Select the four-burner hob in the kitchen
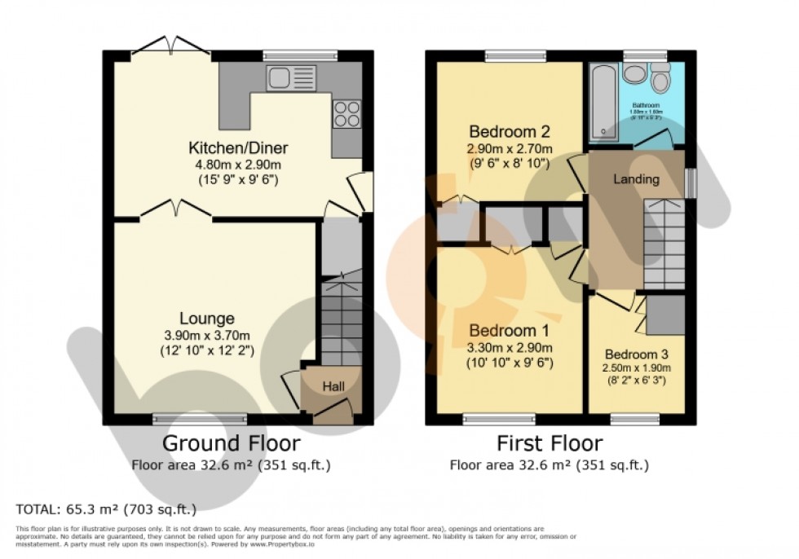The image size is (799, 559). tap(347, 113)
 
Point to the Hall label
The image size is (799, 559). tap(332, 385)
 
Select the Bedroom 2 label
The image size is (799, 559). tap(510, 132)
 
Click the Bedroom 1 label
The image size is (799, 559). tap(509, 332)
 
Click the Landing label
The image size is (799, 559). tap(636, 179)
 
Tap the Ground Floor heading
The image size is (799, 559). tap(231, 443)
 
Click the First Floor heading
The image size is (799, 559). tap(549, 443)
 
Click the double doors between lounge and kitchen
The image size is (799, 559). tap(176, 212)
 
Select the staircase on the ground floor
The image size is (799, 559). tap(340, 318)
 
